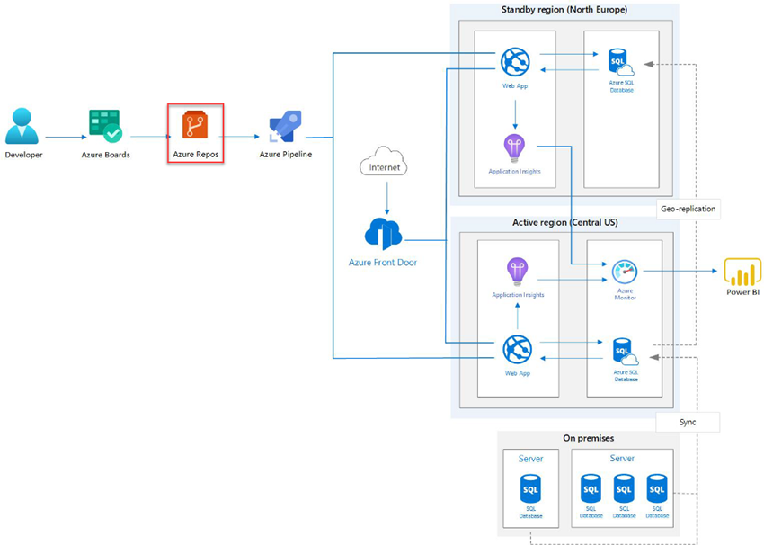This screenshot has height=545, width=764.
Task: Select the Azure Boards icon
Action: point(105,127)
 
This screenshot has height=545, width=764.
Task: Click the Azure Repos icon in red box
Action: point(195,125)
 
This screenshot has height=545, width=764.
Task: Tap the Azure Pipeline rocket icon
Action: point(285,127)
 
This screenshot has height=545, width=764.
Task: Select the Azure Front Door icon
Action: point(383,233)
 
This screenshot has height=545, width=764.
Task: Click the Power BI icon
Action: point(742,271)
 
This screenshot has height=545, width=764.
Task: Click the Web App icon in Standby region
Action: point(515,62)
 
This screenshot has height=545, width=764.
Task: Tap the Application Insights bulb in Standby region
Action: point(514,147)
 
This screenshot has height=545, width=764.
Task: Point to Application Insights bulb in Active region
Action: point(516,271)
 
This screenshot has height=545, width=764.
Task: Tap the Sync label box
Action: point(688,421)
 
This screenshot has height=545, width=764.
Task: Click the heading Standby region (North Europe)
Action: point(564,10)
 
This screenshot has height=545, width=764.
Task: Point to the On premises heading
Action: point(588,438)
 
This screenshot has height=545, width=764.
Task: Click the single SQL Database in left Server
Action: point(530,489)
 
